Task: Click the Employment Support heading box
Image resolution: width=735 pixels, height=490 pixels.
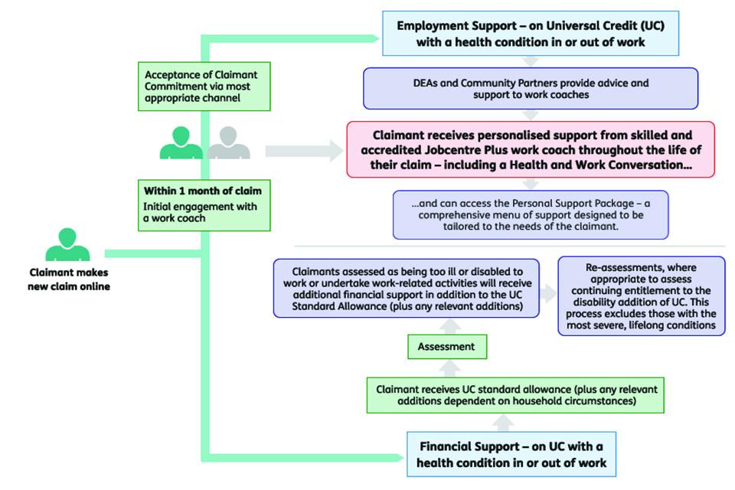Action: (531, 34)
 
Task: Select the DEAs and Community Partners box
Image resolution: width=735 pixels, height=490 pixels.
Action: (531, 88)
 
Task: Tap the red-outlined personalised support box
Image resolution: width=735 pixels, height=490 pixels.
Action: (531, 149)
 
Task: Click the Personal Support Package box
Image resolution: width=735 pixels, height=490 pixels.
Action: (531, 214)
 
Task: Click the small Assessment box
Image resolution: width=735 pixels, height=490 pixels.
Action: (446, 347)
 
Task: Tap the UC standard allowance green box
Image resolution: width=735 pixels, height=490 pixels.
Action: (511, 395)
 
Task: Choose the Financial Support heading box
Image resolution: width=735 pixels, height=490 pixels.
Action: (511, 454)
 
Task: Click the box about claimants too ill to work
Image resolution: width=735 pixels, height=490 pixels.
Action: (407, 288)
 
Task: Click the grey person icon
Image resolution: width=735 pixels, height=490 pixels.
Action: (228, 143)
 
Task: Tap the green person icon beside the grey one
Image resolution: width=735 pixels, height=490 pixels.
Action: (181, 143)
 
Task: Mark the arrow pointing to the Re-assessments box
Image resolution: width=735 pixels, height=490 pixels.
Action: (547, 293)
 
